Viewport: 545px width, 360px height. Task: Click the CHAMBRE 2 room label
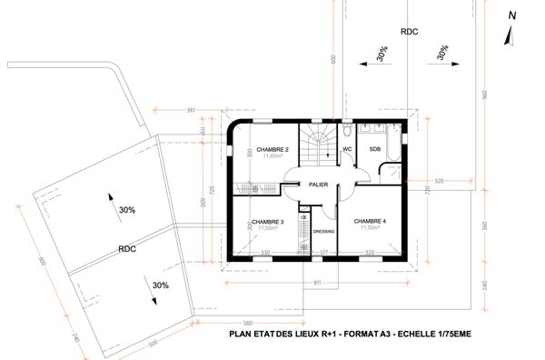coord(272,149)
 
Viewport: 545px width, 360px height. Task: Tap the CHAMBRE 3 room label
coord(268,222)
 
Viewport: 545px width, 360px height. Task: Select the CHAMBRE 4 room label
coord(370,221)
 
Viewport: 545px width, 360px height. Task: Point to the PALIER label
coord(317,184)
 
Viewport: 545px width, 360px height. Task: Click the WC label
coord(347,148)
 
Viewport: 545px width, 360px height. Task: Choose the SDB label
coord(374,148)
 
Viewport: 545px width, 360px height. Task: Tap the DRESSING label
coord(324,231)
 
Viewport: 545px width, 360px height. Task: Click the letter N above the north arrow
coord(511,15)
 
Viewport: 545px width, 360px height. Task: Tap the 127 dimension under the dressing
coord(322,252)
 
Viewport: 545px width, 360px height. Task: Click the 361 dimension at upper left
coord(191,110)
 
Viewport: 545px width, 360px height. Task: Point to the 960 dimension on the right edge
coord(485,95)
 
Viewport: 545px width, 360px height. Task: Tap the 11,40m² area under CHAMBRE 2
coord(272,156)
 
